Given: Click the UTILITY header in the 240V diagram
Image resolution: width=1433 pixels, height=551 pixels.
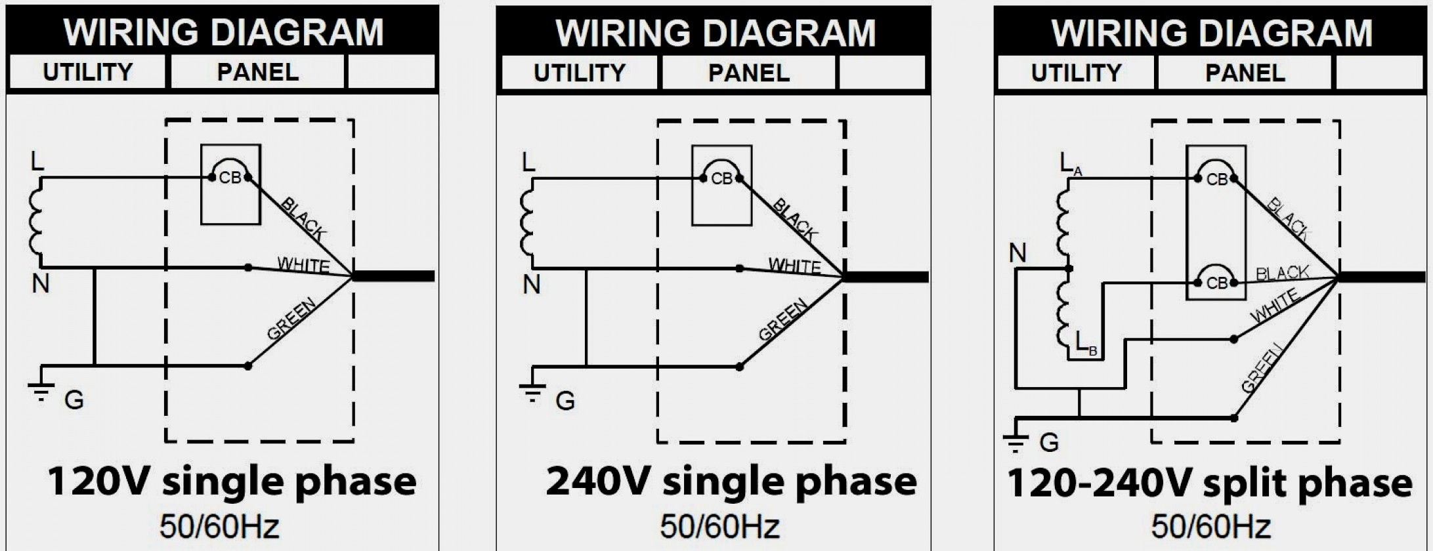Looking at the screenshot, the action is (x=579, y=73).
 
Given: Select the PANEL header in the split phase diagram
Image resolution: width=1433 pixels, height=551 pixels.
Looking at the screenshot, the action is (x=1245, y=73).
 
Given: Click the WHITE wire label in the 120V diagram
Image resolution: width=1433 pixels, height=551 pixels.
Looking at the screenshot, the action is (x=303, y=265).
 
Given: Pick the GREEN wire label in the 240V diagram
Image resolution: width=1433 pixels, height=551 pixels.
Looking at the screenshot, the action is (x=782, y=319).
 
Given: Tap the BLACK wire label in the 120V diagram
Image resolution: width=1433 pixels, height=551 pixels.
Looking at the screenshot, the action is (x=303, y=218).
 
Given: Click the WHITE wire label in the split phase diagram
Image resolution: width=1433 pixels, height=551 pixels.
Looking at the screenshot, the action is (x=1274, y=306).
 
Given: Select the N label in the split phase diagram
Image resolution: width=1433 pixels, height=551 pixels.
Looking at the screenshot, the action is (x=1017, y=253).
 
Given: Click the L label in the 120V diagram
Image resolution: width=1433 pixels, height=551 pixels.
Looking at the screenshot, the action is (x=37, y=161).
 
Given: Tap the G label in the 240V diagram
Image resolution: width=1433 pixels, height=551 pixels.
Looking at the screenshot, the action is (x=565, y=400).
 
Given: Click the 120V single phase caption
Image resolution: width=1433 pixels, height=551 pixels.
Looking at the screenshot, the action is (x=232, y=482).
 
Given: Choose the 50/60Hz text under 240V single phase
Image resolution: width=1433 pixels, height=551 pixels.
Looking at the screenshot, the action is (x=720, y=526).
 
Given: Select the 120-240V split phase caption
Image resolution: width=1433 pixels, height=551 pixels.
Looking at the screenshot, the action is (x=1209, y=483).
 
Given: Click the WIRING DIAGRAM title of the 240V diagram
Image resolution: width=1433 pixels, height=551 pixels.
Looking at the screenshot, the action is (x=716, y=33).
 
